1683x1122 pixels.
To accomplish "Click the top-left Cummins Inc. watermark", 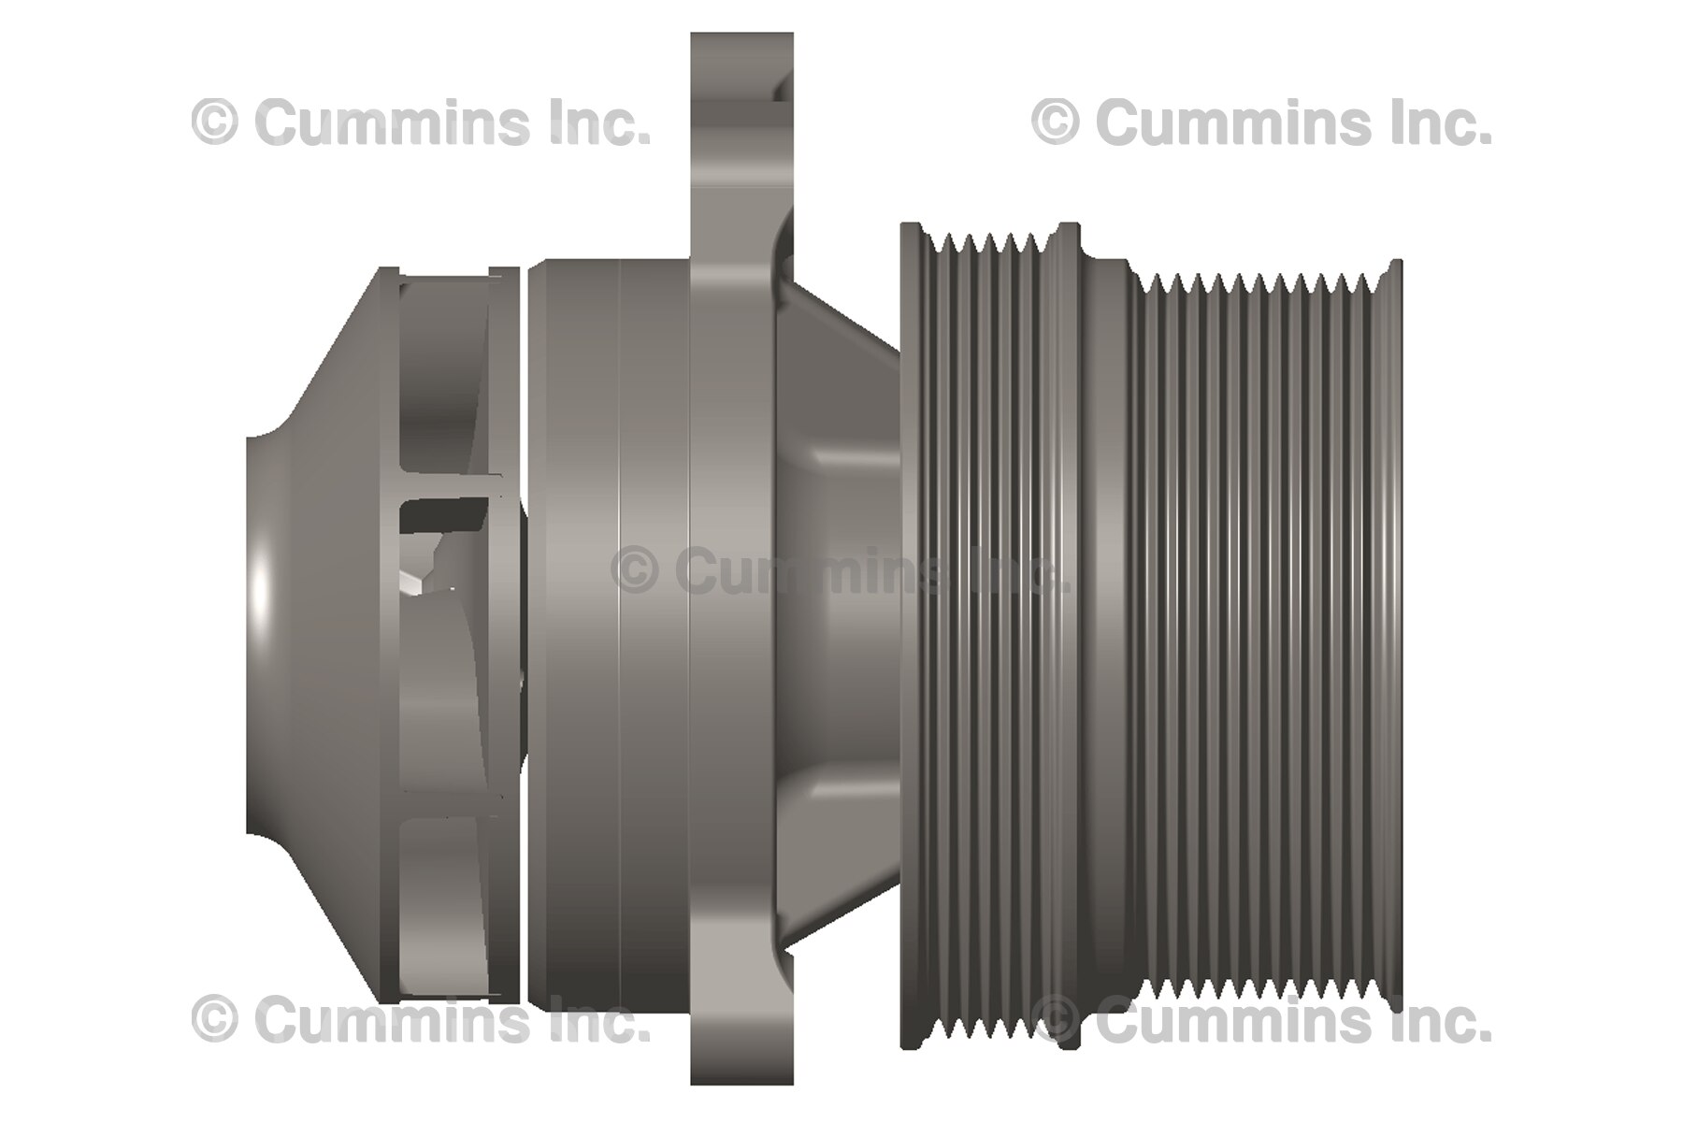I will [x=421, y=123].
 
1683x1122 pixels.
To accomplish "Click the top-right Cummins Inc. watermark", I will [x=1262, y=123].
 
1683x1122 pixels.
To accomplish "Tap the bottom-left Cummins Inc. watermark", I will [x=421, y=1020].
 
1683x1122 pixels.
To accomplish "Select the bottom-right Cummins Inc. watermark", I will [x=1262, y=1020].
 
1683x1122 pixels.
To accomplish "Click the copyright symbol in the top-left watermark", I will [x=214, y=123].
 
